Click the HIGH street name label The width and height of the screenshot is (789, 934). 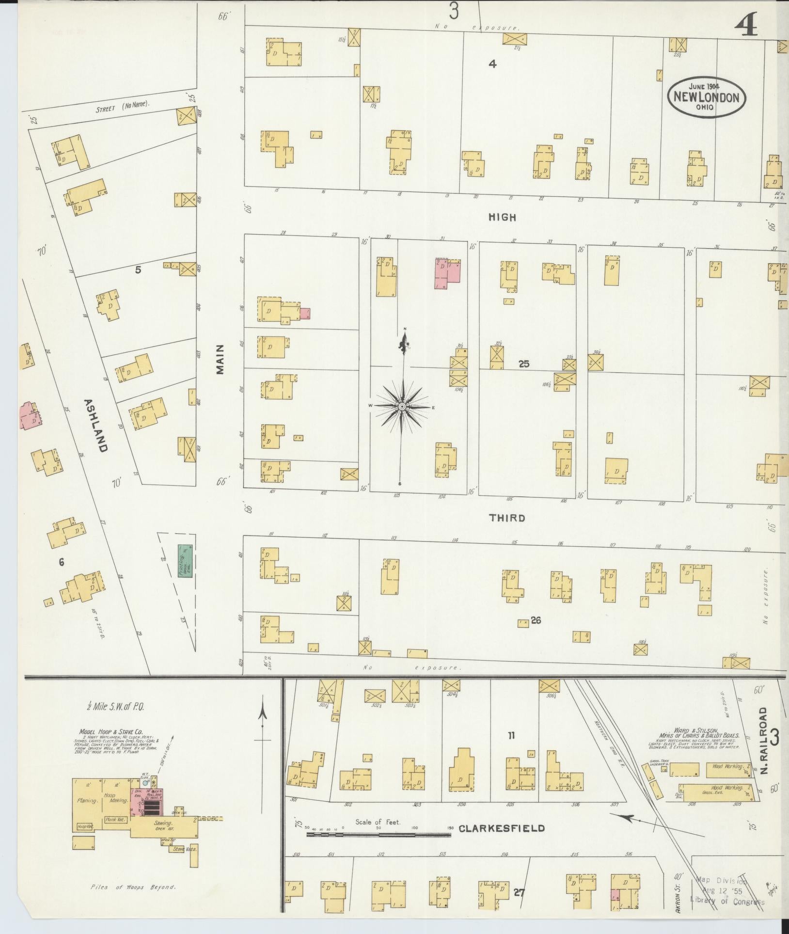(502, 218)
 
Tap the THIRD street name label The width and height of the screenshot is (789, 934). (507, 518)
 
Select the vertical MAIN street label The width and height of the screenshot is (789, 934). (221, 359)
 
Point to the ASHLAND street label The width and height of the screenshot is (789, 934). (95, 425)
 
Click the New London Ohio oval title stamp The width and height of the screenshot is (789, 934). (707, 97)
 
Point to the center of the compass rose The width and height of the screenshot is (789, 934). (402, 406)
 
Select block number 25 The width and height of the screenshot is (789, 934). (523, 364)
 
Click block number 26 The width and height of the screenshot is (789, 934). (536, 620)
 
